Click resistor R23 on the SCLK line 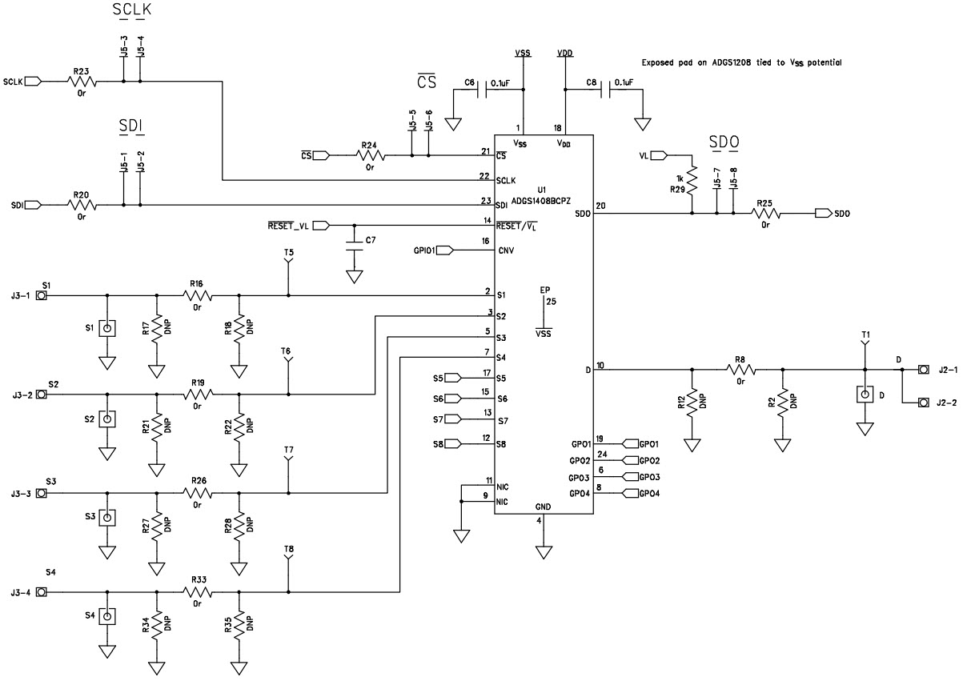click(x=82, y=81)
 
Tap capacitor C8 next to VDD click(x=606, y=90)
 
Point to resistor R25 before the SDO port click(x=765, y=214)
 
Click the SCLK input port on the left click(x=33, y=81)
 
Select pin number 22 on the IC click(x=485, y=176)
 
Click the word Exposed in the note click(x=660, y=62)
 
